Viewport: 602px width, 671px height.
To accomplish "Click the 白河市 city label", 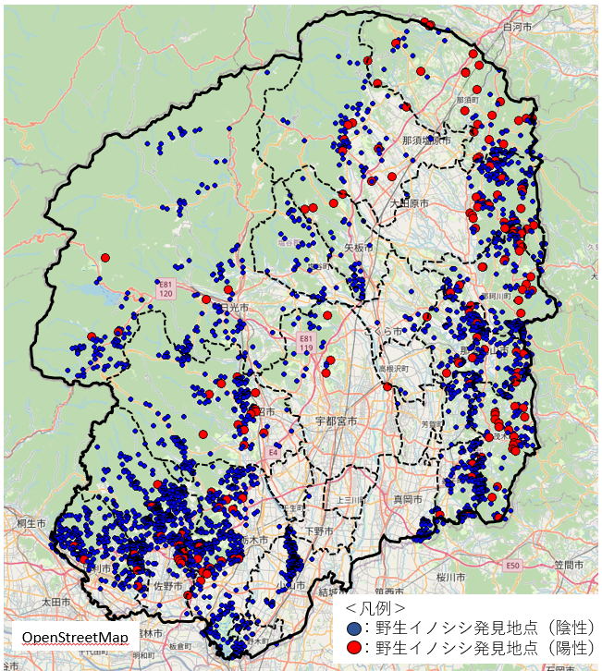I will (x=517, y=28).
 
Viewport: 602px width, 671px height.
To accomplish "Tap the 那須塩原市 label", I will (x=426, y=140).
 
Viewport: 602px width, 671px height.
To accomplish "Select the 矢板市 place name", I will (x=356, y=248).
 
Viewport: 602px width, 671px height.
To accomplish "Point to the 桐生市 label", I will (x=31, y=523).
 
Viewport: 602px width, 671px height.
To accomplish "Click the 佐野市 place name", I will (x=168, y=584).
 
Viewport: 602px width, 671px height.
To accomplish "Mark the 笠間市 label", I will (x=564, y=564).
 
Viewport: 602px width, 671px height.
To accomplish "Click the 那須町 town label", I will (x=468, y=99).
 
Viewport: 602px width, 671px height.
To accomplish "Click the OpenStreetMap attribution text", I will (x=75, y=638).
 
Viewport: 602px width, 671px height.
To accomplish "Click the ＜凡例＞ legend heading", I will (x=375, y=608).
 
